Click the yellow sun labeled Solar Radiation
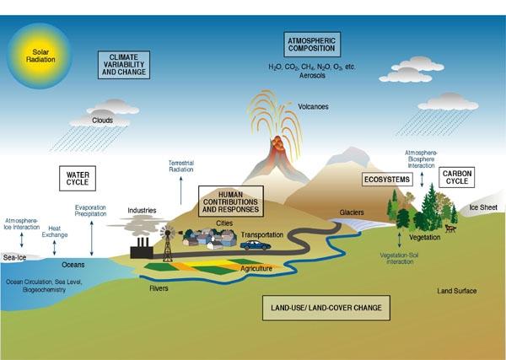[39, 56]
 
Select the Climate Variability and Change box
[124, 65]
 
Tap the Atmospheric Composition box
[312, 45]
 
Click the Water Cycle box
[78, 179]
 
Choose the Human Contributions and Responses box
[231, 201]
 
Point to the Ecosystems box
[387, 180]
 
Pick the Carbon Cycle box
[456, 177]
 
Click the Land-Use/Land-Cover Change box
[326, 308]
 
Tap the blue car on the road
[256, 245]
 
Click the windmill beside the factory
[168, 243]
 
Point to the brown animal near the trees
[450, 228]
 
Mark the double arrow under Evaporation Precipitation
[92, 238]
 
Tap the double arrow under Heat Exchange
[54, 248]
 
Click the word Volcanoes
[313, 107]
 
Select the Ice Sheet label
[483, 207]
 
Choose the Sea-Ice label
[14, 257]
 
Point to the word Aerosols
[312, 76]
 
